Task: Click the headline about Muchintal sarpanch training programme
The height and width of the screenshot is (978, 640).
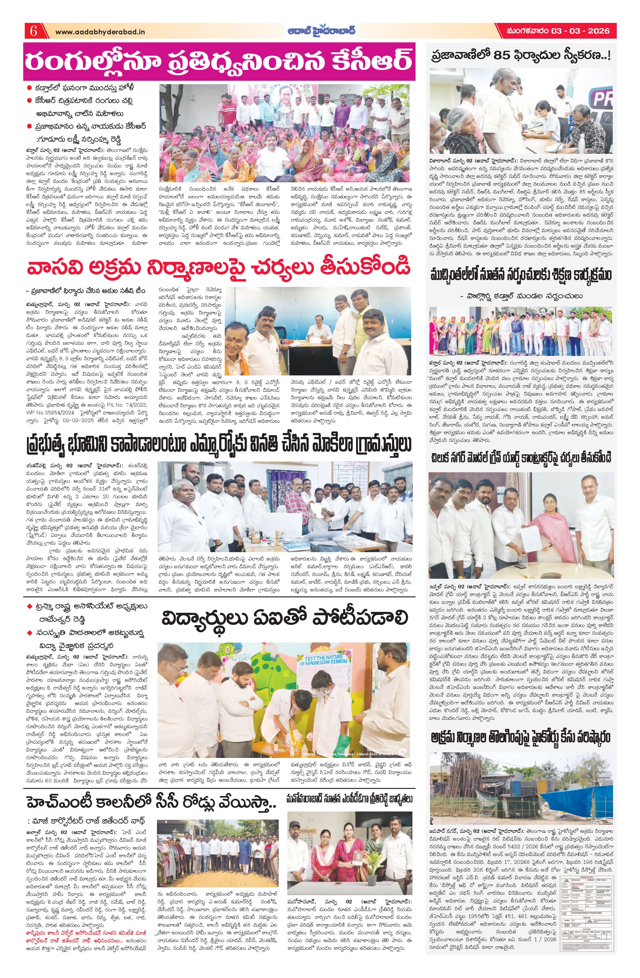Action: (521, 275)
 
